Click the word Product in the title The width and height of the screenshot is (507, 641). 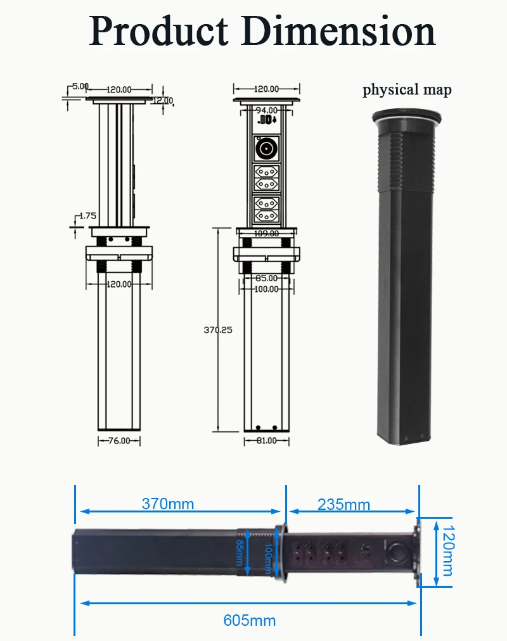(x=158, y=31)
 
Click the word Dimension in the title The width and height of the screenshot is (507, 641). (x=338, y=31)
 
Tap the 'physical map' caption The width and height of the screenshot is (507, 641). (x=408, y=90)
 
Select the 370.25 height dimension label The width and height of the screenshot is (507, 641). (x=218, y=330)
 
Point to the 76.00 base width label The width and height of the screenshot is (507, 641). (x=119, y=441)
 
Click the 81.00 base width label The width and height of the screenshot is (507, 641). (x=267, y=441)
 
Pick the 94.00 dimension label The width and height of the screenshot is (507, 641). (x=267, y=110)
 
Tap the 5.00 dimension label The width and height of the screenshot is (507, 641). (x=80, y=86)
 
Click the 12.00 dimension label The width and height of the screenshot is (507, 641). (x=163, y=101)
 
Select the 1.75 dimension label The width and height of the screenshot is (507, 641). (x=87, y=216)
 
